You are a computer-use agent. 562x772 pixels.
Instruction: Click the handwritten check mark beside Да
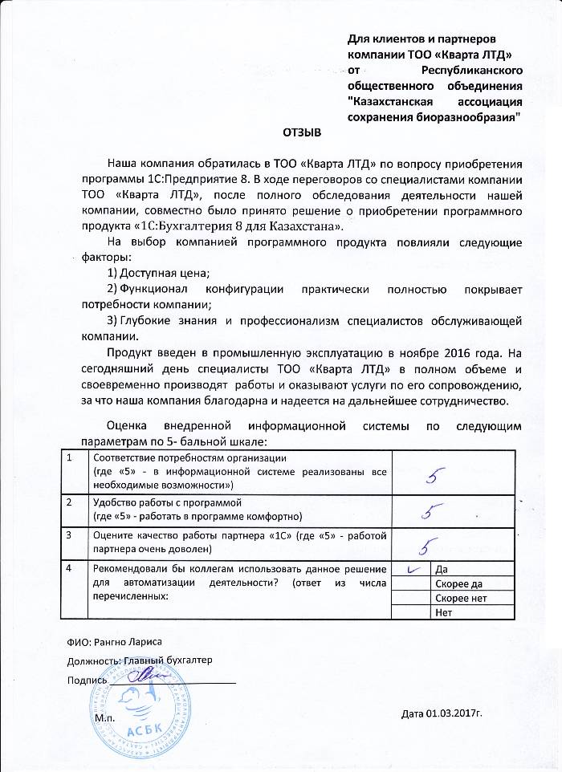[414, 569]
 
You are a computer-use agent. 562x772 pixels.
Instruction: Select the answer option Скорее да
[454, 584]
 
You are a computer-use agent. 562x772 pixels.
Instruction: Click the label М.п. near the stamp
[105, 715]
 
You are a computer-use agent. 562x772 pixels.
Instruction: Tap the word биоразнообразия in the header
[466, 117]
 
